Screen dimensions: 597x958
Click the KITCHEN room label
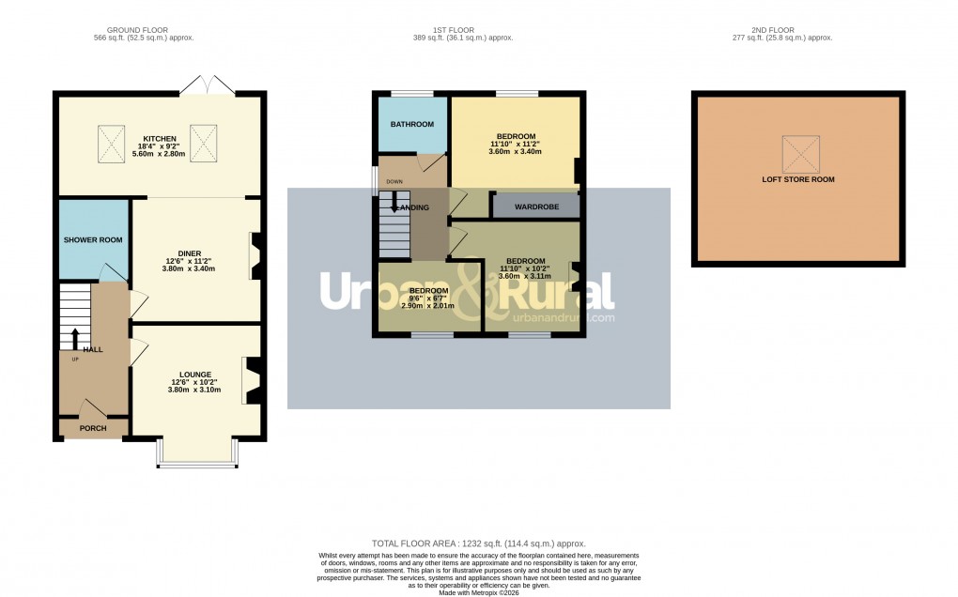(x=159, y=139)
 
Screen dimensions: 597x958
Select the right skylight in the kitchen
(x=204, y=142)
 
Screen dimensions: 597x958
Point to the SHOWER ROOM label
(x=93, y=240)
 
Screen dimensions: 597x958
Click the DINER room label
(x=190, y=253)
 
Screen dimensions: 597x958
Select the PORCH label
(x=92, y=428)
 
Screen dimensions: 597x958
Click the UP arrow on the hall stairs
(x=75, y=338)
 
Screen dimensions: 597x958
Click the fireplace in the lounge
(x=253, y=380)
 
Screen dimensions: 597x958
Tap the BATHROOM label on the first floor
(x=411, y=124)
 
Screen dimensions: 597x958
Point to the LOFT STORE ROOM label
(x=797, y=179)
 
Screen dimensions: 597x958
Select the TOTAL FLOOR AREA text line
(x=479, y=543)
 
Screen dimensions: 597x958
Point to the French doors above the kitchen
(x=209, y=84)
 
